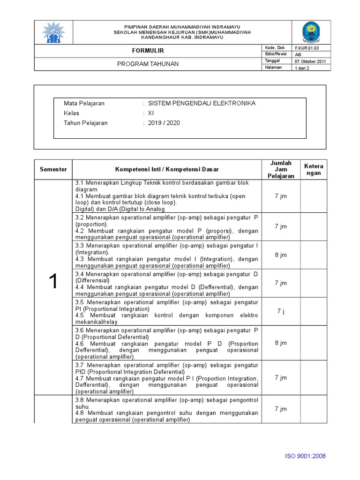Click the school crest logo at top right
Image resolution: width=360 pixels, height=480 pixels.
click(x=311, y=32)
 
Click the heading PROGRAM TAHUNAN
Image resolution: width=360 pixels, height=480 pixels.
click(x=148, y=64)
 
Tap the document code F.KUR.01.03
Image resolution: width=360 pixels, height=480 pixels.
click(x=306, y=48)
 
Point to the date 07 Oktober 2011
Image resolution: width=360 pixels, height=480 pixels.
click(x=311, y=61)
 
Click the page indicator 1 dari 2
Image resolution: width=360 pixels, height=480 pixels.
click(x=302, y=68)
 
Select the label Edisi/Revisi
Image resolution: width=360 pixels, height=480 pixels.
click(x=276, y=54)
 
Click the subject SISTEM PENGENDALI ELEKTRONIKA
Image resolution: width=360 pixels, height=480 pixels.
click(x=202, y=103)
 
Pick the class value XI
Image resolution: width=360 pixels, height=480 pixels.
click(x=151, y=113)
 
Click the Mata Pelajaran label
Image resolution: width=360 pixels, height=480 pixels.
click(x=84, y=103)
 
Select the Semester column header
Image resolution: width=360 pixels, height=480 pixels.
click(x=53, y=169)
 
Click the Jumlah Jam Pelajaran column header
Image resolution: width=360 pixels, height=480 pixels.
click(x=281, y=169)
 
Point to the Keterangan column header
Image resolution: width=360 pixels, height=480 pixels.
click(x=314, y=169)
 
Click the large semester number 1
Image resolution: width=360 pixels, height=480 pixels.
click(x=53, y=281)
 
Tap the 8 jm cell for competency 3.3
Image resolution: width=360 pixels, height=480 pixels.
click(x=281, y=255)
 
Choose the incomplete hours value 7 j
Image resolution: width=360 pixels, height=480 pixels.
click(x=281, y=311)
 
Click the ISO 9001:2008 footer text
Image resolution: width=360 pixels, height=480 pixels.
click(x=305, y=456)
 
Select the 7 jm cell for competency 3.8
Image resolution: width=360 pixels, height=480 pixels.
click(x=281, y=409)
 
